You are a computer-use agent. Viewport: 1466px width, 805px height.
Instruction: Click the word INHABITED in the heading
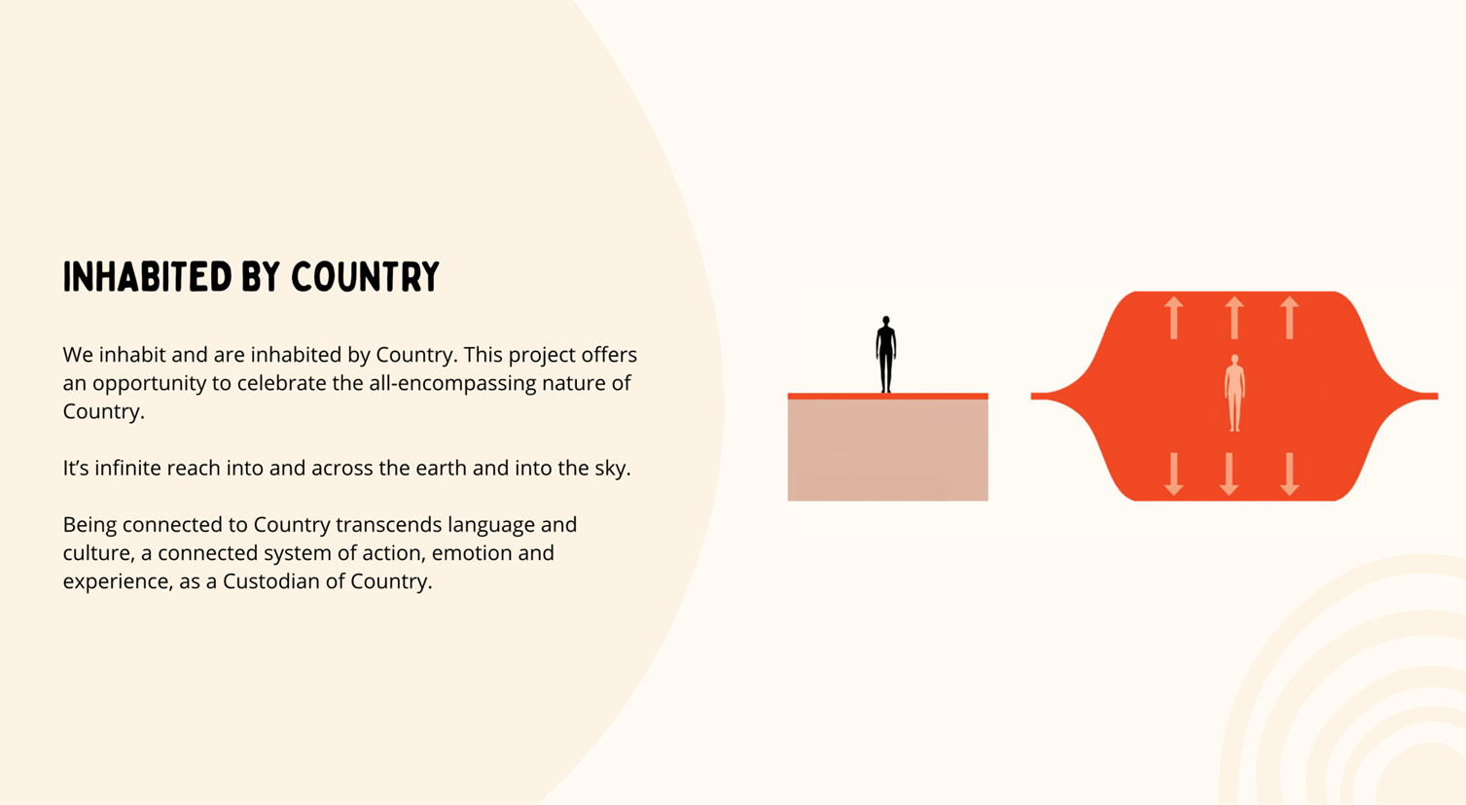coord(147,277)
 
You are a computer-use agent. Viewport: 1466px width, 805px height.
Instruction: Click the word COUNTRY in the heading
coord(365,277)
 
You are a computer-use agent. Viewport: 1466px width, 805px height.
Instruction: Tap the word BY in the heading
coord(261,277)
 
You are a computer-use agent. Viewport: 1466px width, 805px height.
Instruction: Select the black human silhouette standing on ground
coord(886,355)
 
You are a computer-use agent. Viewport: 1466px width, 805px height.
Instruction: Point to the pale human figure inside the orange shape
coord(1234,393)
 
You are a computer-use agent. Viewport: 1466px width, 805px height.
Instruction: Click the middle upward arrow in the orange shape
coord(1234,318)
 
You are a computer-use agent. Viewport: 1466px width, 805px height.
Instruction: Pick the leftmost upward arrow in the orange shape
coord(1173,318)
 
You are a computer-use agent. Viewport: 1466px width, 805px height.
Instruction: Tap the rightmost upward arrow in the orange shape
coord(1289,318)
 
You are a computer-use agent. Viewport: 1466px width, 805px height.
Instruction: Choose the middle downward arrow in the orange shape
coord(1229,474)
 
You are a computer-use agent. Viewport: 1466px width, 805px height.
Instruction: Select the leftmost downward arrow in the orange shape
coord(1173,474)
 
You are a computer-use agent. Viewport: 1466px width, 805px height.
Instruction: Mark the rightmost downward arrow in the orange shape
coord(1289,474)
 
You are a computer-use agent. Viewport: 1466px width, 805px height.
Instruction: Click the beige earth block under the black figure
coord(887,450)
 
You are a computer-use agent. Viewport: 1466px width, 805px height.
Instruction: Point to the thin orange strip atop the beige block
coord(887,397)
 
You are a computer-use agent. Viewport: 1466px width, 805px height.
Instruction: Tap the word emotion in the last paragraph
coord(471,553)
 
